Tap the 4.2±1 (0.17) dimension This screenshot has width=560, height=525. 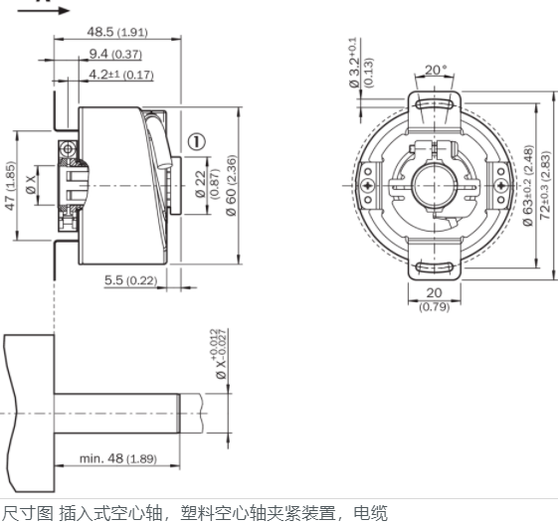(121, 74)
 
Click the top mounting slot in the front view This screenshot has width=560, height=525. (434, 105)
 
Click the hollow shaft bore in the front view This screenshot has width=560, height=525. (434, 186)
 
